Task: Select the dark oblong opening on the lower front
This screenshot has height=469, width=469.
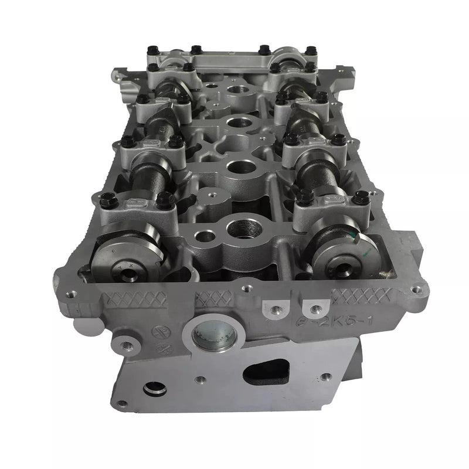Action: pyautogui.click(x=267, y=371)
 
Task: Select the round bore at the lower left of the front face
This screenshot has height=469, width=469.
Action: pyautogui.click(x=155, y=389)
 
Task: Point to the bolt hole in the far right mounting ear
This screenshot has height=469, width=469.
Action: pyautogui.click(x=417, y=289)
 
